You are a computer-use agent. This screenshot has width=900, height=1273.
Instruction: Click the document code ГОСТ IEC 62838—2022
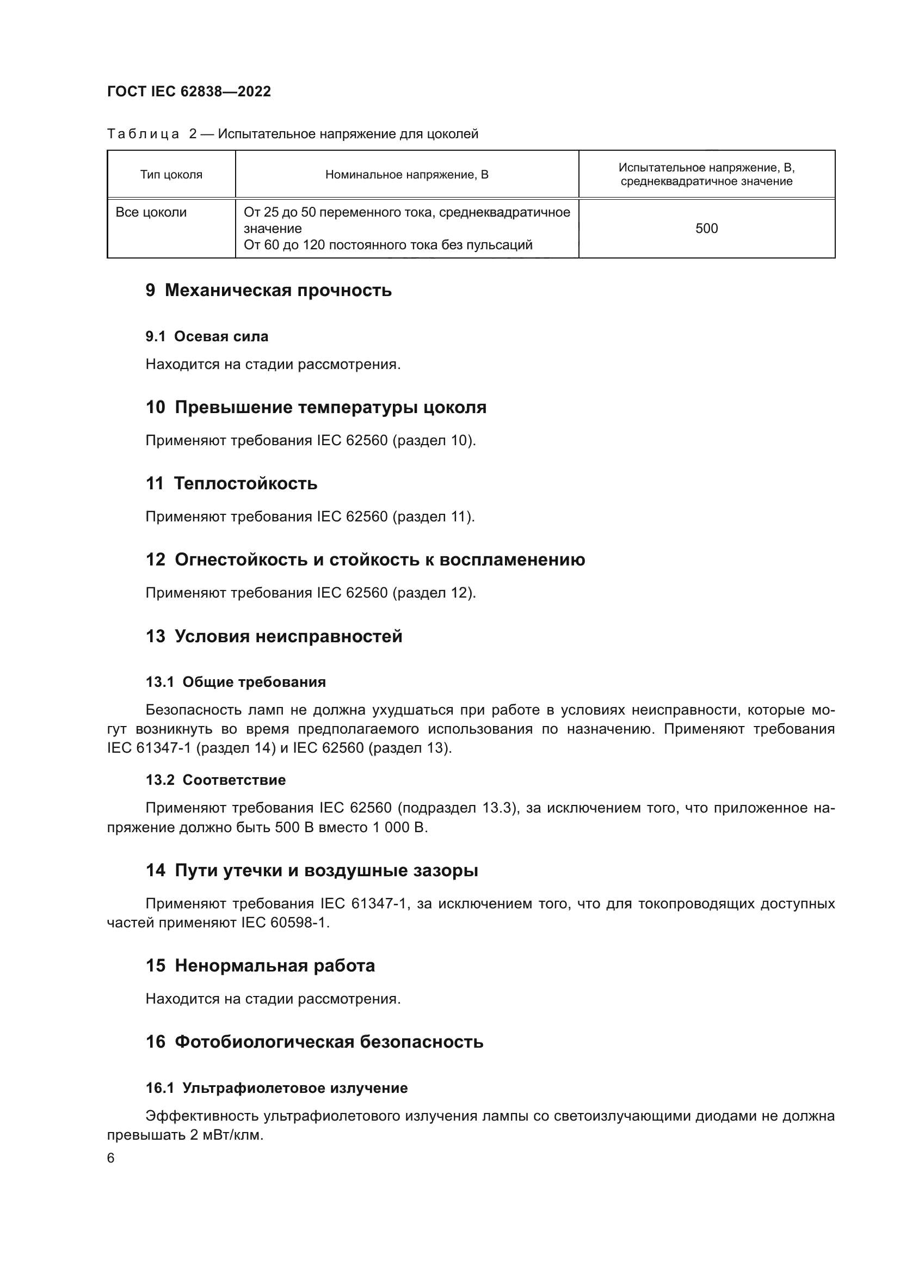(x=189, y=91)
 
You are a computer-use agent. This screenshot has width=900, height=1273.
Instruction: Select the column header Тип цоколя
(x=171, y=175)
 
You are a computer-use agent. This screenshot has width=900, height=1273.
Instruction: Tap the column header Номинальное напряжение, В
(x=407, y=175)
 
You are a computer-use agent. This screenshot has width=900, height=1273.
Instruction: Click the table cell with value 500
(x=707, y=229)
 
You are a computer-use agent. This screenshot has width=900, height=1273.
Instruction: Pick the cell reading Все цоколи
(x=151, y=212)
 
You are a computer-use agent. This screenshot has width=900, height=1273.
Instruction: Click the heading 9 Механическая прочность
(x=268, y=290)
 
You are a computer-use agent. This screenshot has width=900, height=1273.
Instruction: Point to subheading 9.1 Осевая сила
(x=207, y=336)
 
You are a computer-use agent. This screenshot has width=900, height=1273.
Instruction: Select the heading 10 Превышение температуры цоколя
(x=316, y=408)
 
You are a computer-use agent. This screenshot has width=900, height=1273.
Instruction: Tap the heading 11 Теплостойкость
(x=231, y=483)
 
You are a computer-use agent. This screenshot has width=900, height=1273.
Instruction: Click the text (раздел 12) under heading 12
(x=434, y=593)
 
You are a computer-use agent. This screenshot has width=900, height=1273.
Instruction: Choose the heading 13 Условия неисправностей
(x=274, y=636)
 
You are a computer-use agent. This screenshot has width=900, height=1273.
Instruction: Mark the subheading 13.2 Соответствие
(x=215, y=780)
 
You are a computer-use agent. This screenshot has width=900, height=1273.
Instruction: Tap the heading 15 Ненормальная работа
(x=260, y=965)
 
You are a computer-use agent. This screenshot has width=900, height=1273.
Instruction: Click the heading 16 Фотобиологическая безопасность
(x=314, y=1042)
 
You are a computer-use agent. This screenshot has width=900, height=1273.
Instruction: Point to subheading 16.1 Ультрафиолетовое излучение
(x=276, y=1088)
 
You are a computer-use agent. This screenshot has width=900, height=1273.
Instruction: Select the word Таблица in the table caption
(x=143, y=134)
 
